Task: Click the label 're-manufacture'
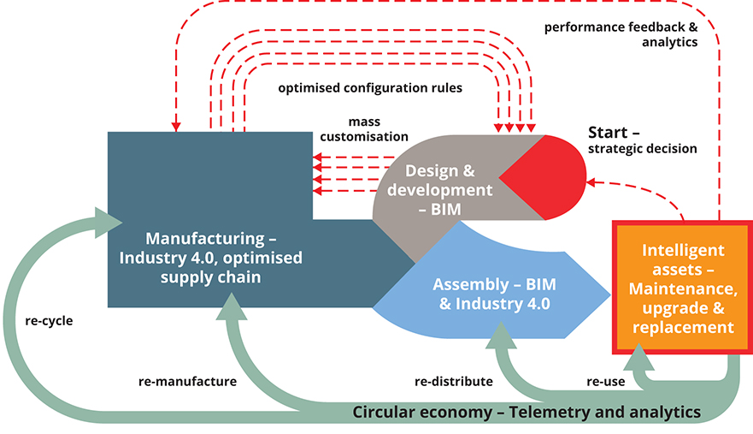(186, 380)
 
